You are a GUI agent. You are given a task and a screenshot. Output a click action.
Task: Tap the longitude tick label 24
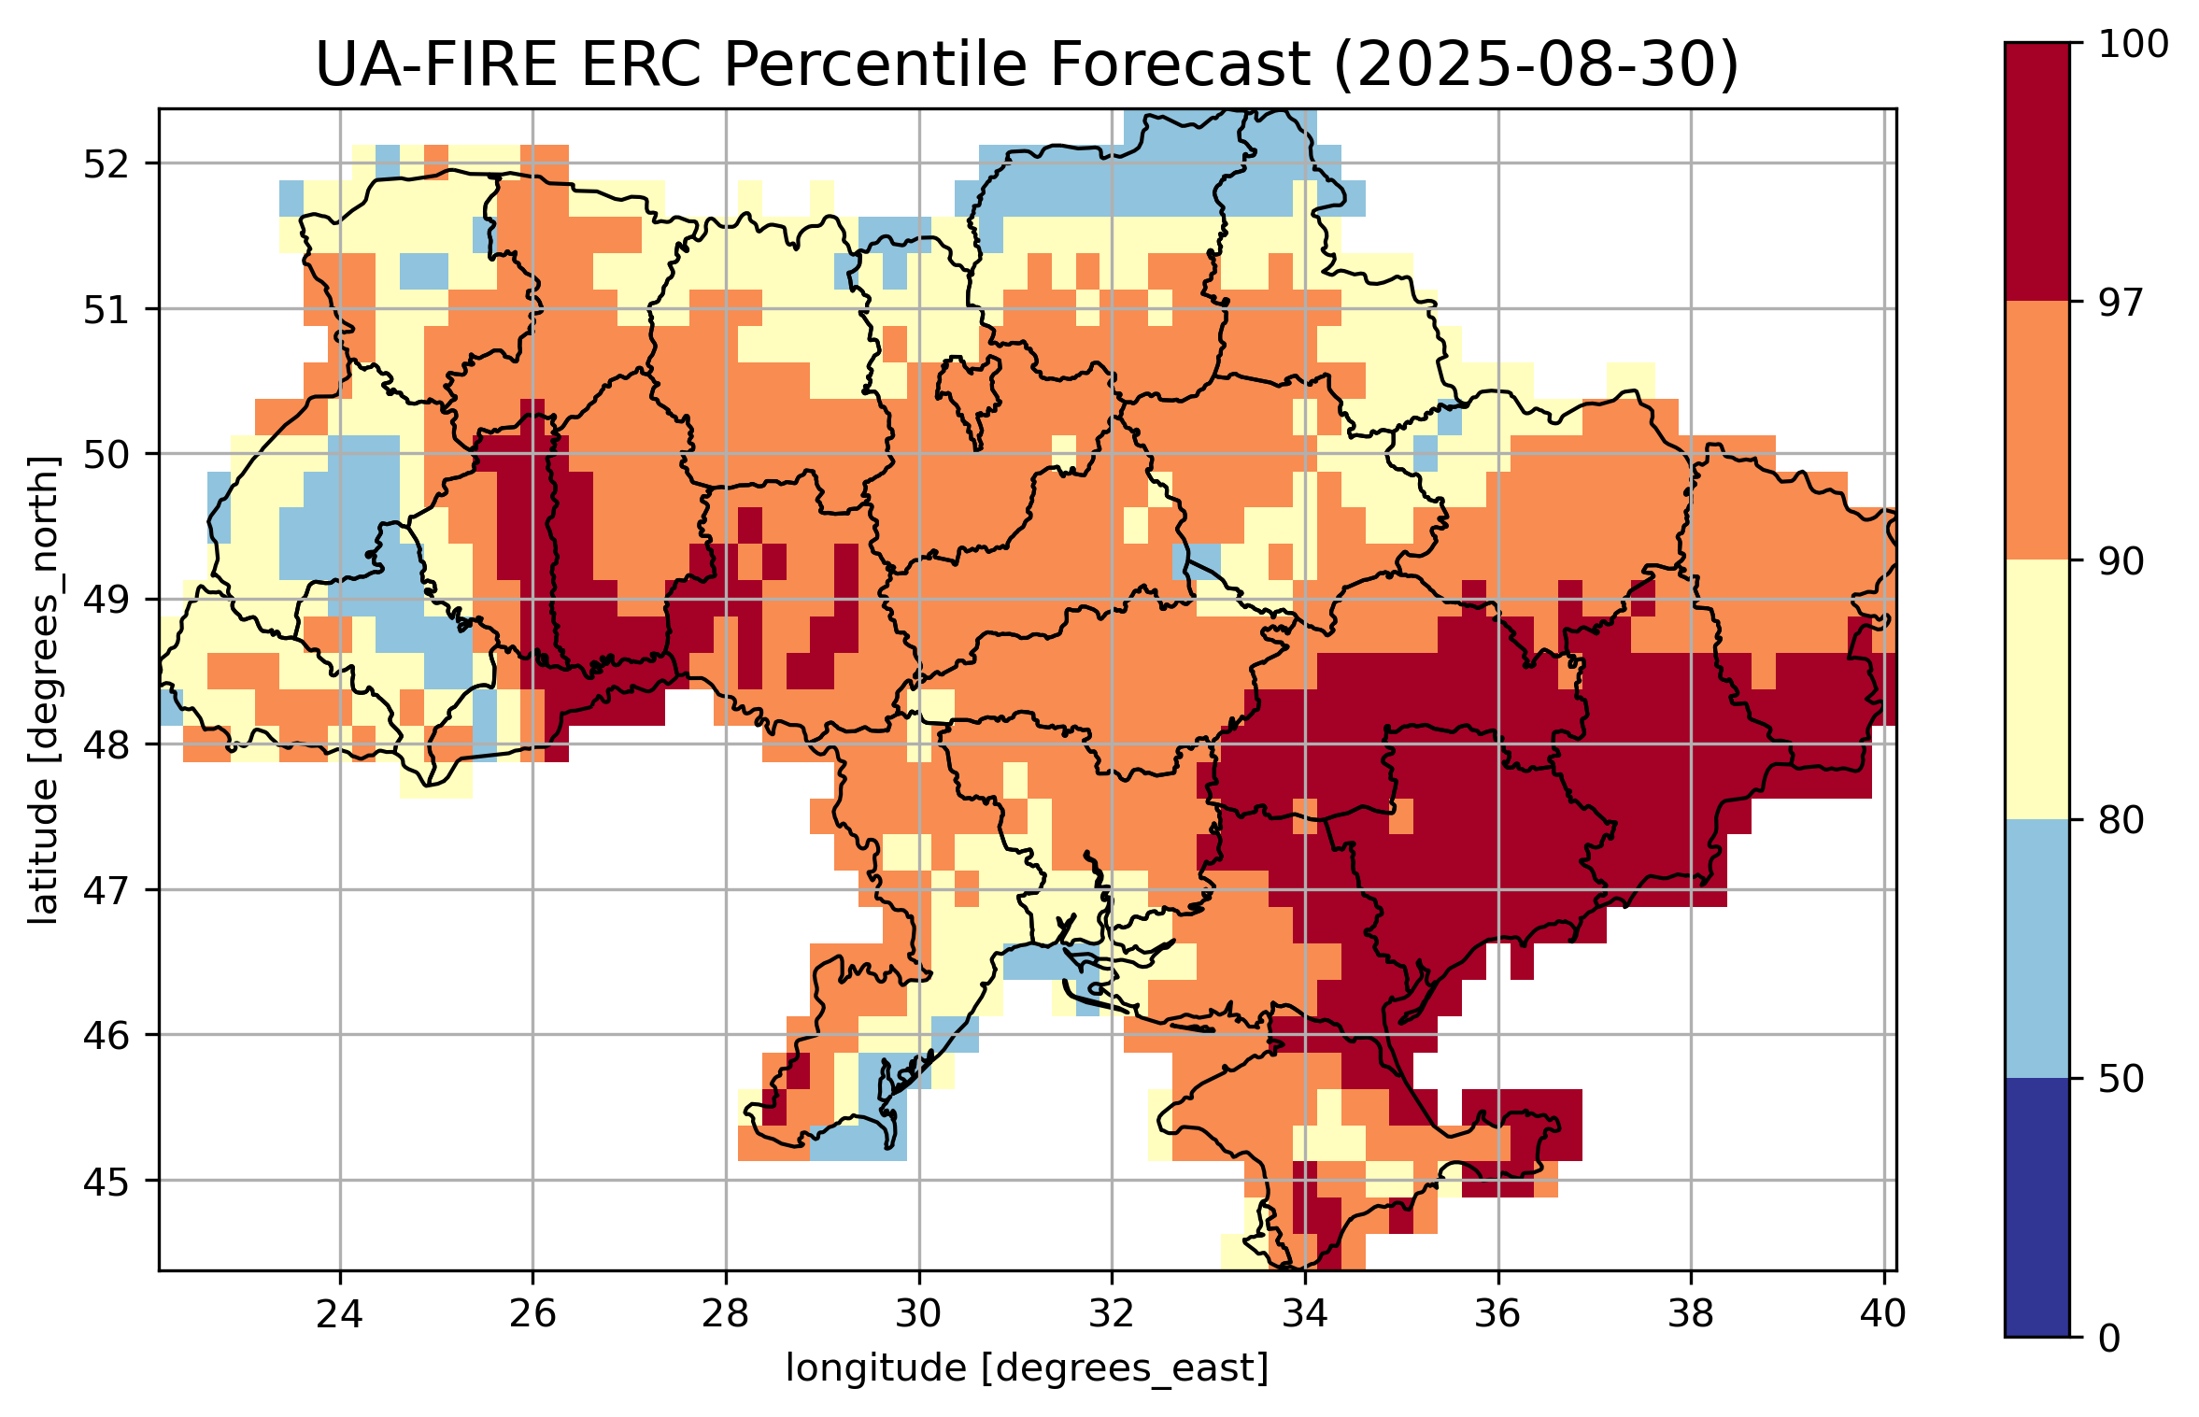click(339, 1313)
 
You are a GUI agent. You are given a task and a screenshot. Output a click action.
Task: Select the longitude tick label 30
click(918, 1313)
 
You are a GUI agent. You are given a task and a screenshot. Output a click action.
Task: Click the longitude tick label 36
click(1498, 1313)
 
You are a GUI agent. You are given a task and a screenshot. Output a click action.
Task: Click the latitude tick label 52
click(106, 164)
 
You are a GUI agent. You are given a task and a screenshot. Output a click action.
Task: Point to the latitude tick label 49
click(106, 600)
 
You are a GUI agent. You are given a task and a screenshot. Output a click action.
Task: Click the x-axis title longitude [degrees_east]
click(1027, 1368)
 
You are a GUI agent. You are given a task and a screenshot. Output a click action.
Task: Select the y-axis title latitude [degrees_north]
click(43, 690)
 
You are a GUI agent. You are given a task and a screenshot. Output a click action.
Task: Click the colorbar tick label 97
click(2120, 303)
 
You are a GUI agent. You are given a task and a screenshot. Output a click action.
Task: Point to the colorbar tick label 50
click(2120, 1079)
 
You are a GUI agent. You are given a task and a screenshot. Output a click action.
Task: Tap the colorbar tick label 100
click(2133, 45)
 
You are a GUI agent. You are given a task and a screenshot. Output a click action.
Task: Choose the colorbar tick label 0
click(2109, 1339)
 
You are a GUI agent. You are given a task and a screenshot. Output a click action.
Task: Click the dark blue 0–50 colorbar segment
click(2036, 1207)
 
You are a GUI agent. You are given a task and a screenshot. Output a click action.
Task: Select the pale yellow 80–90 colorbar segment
click(2036, 689)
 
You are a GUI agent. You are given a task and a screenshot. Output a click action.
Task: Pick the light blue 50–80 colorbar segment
click(2036, 948)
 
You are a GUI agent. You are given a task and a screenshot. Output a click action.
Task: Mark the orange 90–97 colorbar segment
click(2036, 430)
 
